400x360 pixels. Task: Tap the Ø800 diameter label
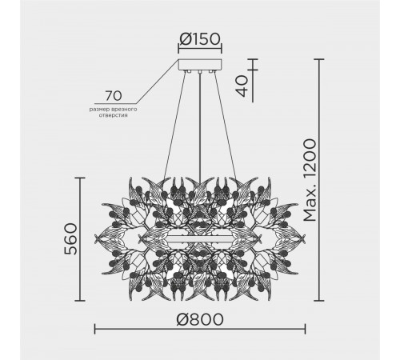(199, 318)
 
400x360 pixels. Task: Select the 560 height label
(70, 239)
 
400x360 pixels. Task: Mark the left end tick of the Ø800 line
(94, 328)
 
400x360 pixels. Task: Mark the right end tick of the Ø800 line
(305, 328)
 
